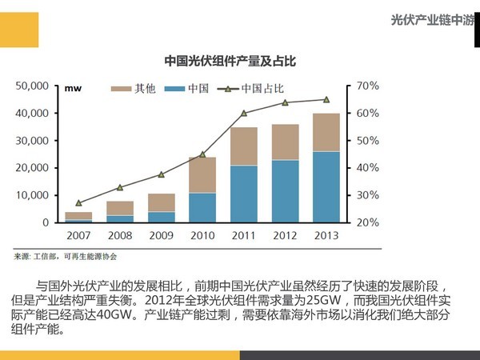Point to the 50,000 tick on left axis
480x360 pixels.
tap(33, 86)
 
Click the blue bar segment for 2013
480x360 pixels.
tap(326, 186)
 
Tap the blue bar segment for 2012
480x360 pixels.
tap(285, 191)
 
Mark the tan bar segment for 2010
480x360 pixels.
tap(202, 174)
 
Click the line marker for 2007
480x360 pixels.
tap(78, 203)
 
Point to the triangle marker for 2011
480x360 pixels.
tap(244, 113)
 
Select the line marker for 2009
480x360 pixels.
tap(161, 174)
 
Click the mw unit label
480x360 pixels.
tap(74, 88)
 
